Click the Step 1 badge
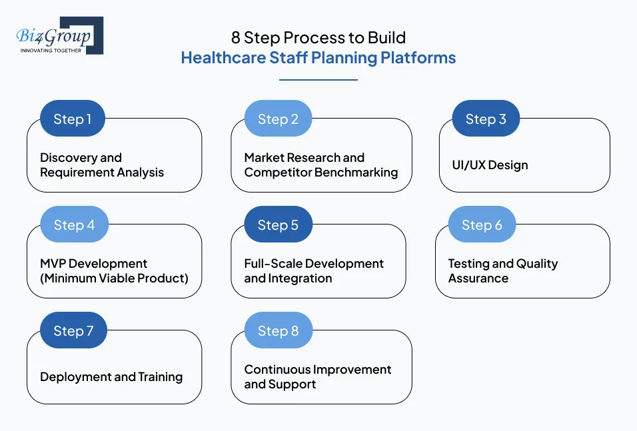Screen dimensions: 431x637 pyautogui.click(x=73, y=119)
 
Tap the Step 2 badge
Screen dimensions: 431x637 pyautogui.click(x=278, y=119)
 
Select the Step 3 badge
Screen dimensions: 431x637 pyautogui.click(x=486, y=119)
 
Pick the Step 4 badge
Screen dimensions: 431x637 pyautogui.click(x=74, y=225)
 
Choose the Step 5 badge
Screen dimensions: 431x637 pyautogui.click(x=278, y=225)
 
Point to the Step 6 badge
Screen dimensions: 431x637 pyautogui.click(x=482, y=225)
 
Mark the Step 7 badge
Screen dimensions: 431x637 pyautogui.click(x=73, y=331)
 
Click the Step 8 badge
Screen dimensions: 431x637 pyautogui.click(x=278, y=331)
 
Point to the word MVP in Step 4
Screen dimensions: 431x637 pyautogui.click(x=53, y=264)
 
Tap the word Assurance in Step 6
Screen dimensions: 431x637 pyautogui.click(x=478, y=278)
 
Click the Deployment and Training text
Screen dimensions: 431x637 pyautogui.click(x=111, y=377)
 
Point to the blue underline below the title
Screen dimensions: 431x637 pyautogui.click(x=318, y=80)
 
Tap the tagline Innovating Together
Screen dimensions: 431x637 pyautogui.click(x=51, y=51)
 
